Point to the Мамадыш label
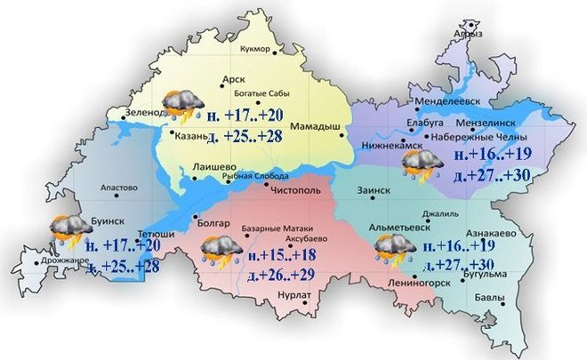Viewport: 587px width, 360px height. pyautogui.click(x=316, y=127)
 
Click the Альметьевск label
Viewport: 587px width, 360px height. pyautogui.click(x=397, y=227)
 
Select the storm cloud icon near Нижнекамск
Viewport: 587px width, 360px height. pyautogui.click(x=418, y=165)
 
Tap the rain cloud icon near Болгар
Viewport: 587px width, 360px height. pyautogui.click(x=219, y=251)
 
